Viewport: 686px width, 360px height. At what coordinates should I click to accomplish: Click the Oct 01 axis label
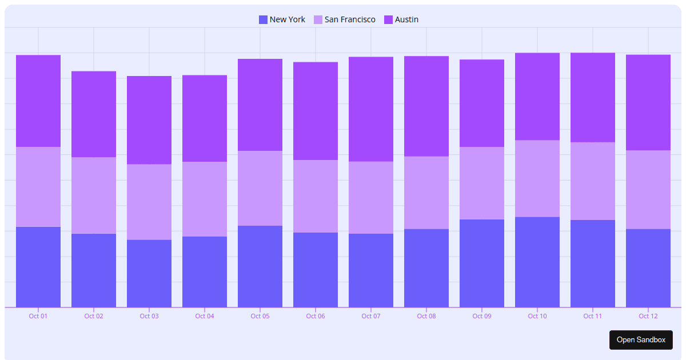38,316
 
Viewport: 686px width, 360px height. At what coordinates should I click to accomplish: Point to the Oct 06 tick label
316,316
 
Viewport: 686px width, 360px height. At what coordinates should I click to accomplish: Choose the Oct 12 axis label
648,316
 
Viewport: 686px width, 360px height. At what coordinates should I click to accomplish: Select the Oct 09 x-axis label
482,316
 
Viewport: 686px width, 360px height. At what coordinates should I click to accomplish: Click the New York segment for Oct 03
149,273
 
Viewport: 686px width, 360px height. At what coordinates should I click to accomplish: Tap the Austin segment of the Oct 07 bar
371,109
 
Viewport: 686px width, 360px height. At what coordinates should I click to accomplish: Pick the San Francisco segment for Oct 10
537,178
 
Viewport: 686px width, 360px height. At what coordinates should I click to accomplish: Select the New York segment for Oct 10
537,262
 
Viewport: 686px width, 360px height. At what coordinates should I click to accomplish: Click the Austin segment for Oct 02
94,114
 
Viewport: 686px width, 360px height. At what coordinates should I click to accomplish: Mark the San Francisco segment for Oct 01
38,187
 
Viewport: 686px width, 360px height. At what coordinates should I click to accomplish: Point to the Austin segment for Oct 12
648,102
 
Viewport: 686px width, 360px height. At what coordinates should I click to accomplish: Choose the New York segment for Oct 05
260,266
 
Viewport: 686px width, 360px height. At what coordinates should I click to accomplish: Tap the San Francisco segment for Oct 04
205,199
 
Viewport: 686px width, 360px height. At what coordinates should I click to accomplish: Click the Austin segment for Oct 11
593,97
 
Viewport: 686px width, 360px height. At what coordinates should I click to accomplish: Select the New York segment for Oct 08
426,268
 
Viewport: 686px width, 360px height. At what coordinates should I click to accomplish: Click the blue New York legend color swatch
263,19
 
